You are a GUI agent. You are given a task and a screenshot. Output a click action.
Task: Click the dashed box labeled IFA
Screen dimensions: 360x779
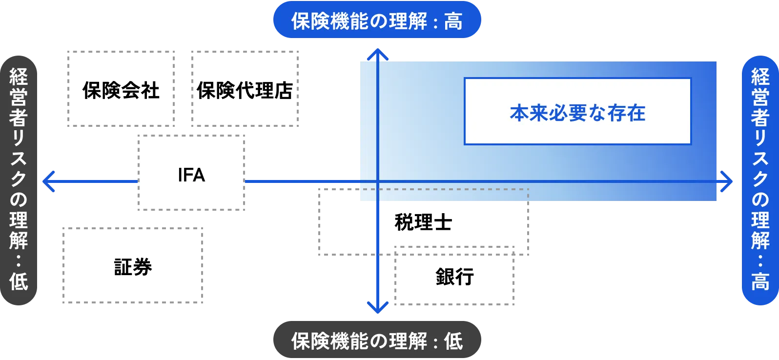pos(191,172)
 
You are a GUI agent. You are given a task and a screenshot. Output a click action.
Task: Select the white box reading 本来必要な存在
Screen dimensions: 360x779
pos(577,111)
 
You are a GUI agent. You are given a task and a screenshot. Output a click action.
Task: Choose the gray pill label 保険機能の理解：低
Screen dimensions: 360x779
pos(378,340)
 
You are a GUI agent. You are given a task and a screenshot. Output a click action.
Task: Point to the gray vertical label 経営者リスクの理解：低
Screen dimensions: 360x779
pos(19,180)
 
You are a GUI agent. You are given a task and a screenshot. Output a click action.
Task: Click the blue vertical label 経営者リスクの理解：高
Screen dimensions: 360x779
pos(759,180)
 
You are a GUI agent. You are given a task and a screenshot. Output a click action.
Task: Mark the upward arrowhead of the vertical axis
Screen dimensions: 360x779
pos(378,54)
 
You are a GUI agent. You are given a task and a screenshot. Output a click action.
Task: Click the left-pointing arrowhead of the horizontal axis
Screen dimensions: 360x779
pos(48,181)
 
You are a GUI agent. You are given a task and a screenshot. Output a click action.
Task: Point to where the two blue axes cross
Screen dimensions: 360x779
pos(378,181)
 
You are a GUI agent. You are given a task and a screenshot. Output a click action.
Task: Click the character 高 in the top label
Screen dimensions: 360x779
pos(453,21)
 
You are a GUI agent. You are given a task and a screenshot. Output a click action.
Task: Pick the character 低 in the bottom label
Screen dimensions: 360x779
pos(453,341)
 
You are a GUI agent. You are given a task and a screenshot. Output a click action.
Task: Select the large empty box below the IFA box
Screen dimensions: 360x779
pos(133,265)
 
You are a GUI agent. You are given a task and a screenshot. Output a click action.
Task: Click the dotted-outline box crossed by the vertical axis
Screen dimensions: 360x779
pos(423,222)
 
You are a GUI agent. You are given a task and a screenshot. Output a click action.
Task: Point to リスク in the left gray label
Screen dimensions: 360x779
pos(19,159)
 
